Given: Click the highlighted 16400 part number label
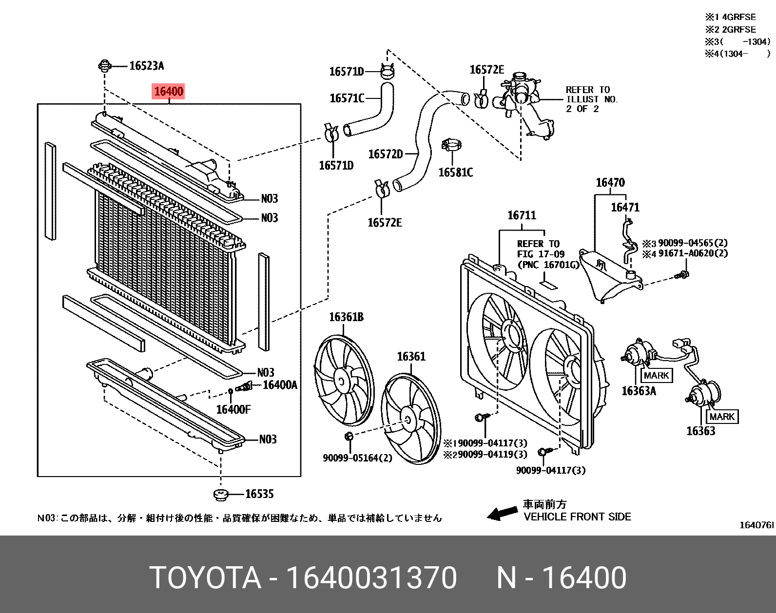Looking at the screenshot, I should pos(168,91).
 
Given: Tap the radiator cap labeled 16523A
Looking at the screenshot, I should pos(104,66).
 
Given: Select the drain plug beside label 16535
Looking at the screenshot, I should pos(221,495).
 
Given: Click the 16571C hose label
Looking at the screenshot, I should pos(347,98).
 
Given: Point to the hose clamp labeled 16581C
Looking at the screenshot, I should pos(452,145).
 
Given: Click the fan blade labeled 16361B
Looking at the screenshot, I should pos(343,382).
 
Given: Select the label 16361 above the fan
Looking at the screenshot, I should pos(411,356).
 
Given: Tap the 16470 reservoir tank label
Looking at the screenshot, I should pos(610,182).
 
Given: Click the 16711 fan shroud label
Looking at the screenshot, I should pos(521,215).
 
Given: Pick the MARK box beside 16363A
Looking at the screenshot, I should pos(656,375).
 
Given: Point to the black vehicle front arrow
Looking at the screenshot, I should pos(502,513).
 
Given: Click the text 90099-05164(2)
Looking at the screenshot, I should pos(357,458).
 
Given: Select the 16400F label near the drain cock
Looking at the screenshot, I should pos(233,409).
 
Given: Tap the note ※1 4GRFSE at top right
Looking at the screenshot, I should pos(730,17).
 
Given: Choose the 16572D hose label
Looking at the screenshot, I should pos(385,154).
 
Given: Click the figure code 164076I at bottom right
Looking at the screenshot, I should pos(756,525).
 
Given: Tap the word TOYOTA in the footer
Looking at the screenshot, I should pos(205,578).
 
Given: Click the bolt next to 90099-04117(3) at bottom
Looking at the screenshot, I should pos(544,452).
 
